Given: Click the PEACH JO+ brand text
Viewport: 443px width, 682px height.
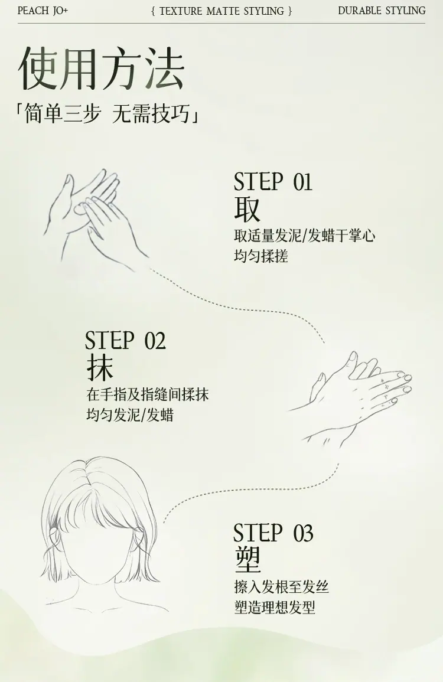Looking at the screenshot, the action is [43, 11].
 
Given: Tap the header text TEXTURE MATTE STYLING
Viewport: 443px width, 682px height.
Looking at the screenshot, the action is [221, 11].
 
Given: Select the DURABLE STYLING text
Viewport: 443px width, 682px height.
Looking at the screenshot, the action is [382, 11].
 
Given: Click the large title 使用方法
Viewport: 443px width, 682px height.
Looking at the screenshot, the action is [102, 68].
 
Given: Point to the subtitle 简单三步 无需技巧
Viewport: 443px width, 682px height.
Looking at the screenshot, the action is [108, 114].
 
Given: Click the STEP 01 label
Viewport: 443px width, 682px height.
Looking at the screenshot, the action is [273, 181].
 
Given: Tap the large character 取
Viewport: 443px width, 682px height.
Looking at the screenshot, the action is [247, 209].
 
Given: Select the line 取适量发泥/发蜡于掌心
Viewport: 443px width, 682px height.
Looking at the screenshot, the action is [305, 236].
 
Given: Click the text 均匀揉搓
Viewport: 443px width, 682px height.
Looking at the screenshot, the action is [261, 256].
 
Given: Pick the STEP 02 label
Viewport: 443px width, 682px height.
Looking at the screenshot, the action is [125, 340].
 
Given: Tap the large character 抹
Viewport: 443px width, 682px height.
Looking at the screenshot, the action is [100, 368].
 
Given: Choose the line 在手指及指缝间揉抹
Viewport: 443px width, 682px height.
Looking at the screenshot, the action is [148, 394].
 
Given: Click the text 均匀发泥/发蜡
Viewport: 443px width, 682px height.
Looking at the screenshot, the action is [130, 415].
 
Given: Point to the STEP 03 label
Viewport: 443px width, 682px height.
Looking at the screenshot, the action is [273, 533].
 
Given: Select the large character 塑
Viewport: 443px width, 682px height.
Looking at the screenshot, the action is [247, 560].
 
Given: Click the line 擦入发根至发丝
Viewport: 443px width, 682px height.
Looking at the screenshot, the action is [281, 587].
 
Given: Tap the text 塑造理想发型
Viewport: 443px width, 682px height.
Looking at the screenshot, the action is [275, 607].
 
